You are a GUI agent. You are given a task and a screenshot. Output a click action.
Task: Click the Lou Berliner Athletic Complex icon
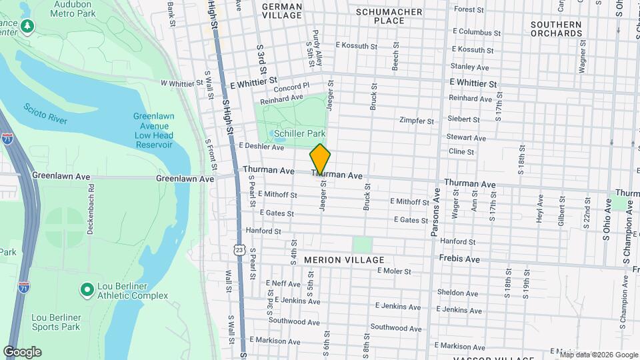coord(86,290)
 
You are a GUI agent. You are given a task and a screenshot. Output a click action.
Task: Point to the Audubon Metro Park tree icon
coord(27,26)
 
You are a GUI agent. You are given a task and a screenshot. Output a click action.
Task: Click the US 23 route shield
coord(239,249)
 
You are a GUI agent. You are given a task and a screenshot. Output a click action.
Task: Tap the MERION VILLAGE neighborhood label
coord(344,259)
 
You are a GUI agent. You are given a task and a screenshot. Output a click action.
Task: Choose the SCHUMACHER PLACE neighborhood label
coord(389,16)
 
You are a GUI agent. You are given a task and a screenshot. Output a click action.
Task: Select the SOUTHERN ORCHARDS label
coord(556,29)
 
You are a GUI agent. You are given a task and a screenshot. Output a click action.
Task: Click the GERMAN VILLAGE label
coord(282,11)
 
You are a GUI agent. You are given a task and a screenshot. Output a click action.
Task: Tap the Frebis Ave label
coord(459,259)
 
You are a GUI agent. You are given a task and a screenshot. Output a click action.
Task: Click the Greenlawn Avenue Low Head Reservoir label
coord(153,130)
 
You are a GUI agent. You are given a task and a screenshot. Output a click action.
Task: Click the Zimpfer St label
coord(416,121)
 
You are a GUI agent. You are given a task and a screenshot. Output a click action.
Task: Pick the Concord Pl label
coord(291,86)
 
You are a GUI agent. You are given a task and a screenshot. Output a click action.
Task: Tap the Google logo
coord(22,352)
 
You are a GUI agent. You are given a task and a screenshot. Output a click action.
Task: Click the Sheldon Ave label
coord(457,293)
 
